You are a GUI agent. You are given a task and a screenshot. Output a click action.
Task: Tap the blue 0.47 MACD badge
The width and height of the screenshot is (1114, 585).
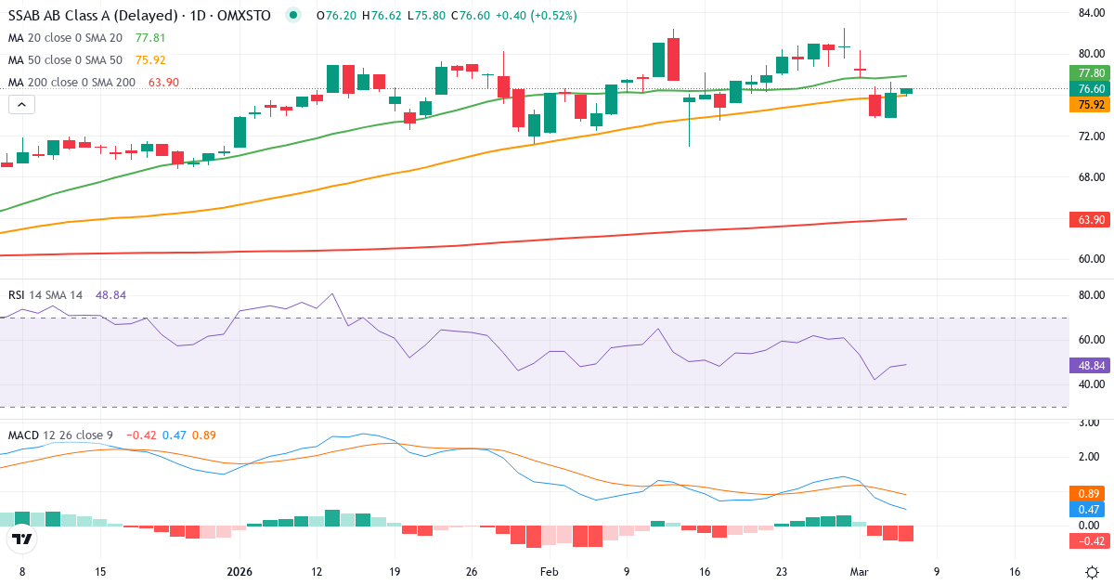pos(1088,510)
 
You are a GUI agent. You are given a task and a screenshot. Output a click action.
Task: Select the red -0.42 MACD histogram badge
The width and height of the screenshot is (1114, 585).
pos(1088,540)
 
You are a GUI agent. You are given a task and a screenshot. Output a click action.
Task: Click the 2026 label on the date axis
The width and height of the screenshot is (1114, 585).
pos(240,572)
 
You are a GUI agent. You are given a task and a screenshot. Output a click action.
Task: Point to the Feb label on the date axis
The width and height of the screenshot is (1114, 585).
pos(550,572)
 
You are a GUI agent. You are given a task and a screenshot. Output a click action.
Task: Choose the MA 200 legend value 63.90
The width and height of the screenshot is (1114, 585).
pos(163,83)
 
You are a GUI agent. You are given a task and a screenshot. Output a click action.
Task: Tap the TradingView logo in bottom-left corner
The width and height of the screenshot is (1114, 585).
pos(22,539)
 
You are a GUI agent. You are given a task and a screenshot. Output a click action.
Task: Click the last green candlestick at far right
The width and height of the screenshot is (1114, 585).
pos(906,91)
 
